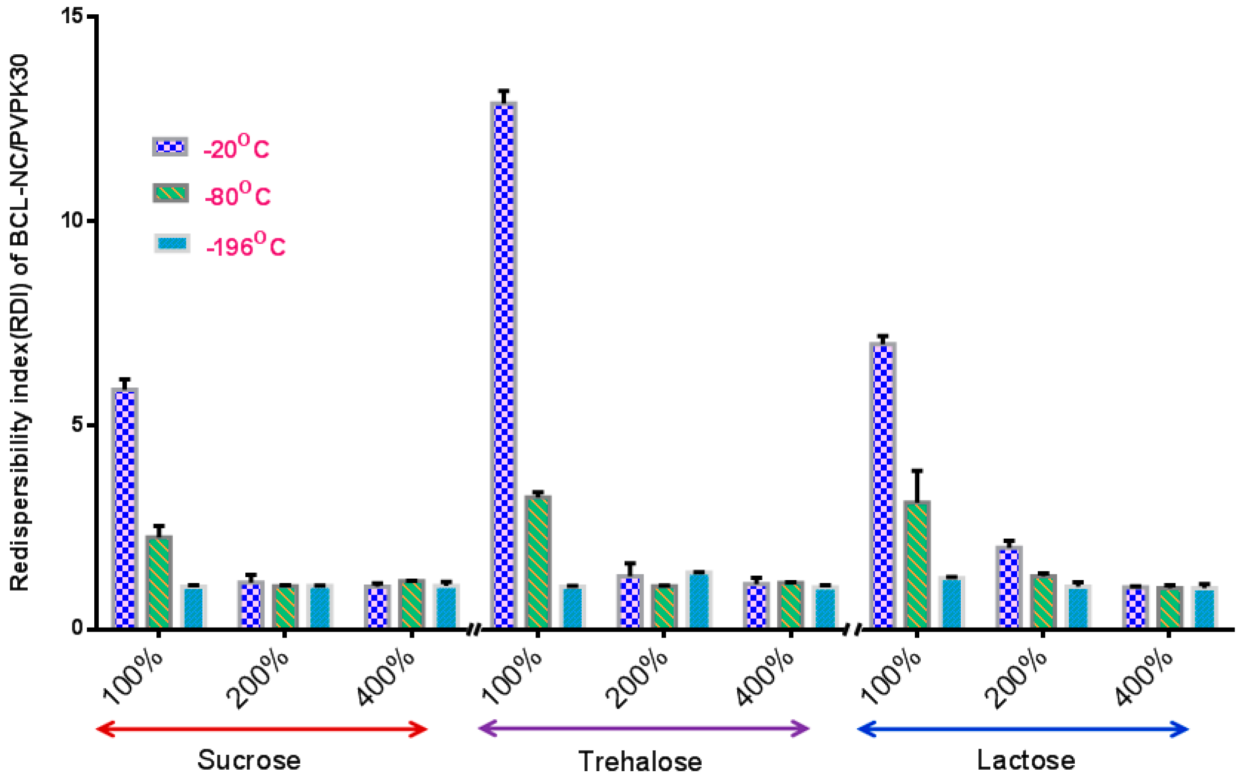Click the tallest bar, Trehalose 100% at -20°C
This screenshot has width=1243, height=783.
click(504, 365)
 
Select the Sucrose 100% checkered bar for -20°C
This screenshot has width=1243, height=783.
click(125, 508)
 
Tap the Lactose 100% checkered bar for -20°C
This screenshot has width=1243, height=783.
click(883, 485)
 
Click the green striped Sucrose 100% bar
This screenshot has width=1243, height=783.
click(159, 582)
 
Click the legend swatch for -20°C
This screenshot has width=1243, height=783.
click(170, 147)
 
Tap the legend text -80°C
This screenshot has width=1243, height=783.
click(237, 194)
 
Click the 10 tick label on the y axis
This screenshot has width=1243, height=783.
click(72, 221)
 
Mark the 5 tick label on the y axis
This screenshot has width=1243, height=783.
click(77, 425)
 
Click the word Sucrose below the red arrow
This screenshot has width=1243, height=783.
click(249, 760)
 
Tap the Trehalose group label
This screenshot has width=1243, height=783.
click(640, 761)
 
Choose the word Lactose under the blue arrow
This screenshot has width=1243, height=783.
click(1026, 760)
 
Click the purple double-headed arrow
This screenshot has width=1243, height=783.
click(643, 729)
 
